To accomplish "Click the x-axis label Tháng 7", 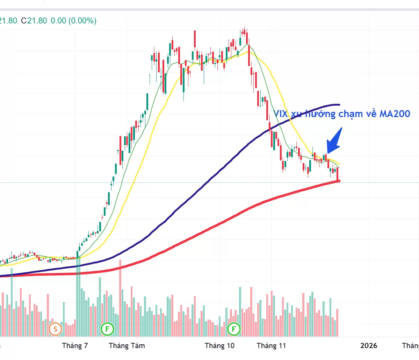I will [x=75, y=346].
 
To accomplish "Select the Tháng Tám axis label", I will [x=127, y=346].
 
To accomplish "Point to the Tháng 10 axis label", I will [x=219, y=346].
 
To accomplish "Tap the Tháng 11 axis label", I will [x=271, y=346].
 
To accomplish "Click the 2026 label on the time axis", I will [x=369, y=346].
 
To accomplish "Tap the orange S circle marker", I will [x=55, y=329].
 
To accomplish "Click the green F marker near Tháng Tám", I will [x=107, y=329].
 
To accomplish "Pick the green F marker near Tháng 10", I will [x=234, y=329].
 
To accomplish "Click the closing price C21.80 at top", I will [x=34, y=21].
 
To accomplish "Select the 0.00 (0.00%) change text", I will [x=73, y=21].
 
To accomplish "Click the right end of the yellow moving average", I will [x=339, y=164].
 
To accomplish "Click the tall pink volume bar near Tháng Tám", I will [x=120, y=297].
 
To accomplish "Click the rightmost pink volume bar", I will [x=337, y=322].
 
